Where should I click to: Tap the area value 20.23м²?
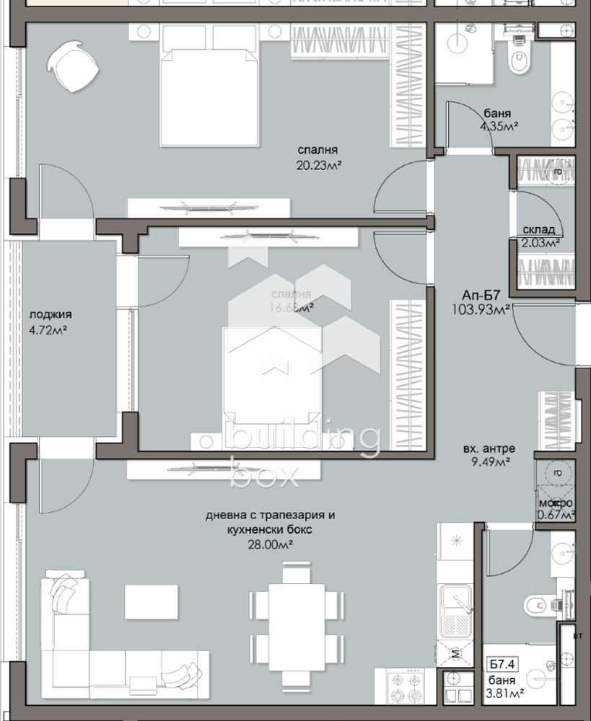(x=319, y=166)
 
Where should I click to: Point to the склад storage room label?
(x=538, y=230)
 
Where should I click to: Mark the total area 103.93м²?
(x=482, y=309)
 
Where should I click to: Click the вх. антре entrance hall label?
(x=489, y=448)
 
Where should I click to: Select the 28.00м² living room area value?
(x=271, y=543)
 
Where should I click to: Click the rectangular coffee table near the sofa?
(x=151, y=601)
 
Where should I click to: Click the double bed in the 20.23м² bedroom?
(x=209, y=87)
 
